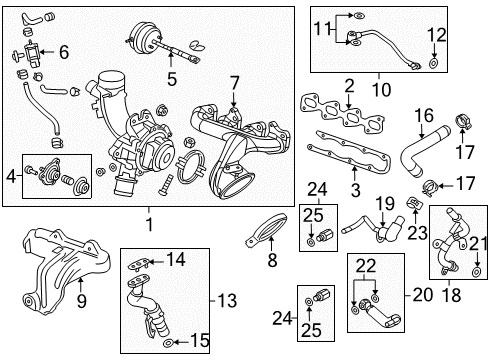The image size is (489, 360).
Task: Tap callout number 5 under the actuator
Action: pyautogui.click(x=171, y=77)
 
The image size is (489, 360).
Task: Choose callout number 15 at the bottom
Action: pyautogui.click(x=201, y=341)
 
